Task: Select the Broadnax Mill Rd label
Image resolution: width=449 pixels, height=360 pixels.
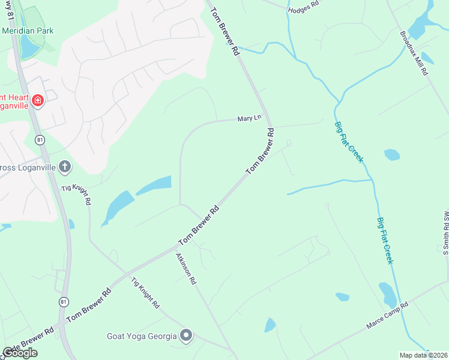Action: click(x=415, y=53)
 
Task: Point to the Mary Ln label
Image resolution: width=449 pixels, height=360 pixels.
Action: click(x=249, y=119)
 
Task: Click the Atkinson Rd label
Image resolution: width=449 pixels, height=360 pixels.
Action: click(x=186, y=268)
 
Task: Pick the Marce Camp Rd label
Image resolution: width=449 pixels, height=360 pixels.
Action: click(x=387, y=315)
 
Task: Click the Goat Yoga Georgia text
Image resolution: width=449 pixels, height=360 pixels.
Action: click(x=142, y=336)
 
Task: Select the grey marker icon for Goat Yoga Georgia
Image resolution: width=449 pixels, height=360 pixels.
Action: click(x=186, y=336)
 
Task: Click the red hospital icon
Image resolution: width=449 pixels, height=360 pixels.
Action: click(x=38, y=100)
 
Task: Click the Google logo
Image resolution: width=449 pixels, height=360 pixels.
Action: click(x=20, y=353)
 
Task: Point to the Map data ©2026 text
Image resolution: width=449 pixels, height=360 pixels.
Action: click(x=423, y=355)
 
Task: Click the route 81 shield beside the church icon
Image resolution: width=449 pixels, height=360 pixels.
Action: click(x=40, y=140)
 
